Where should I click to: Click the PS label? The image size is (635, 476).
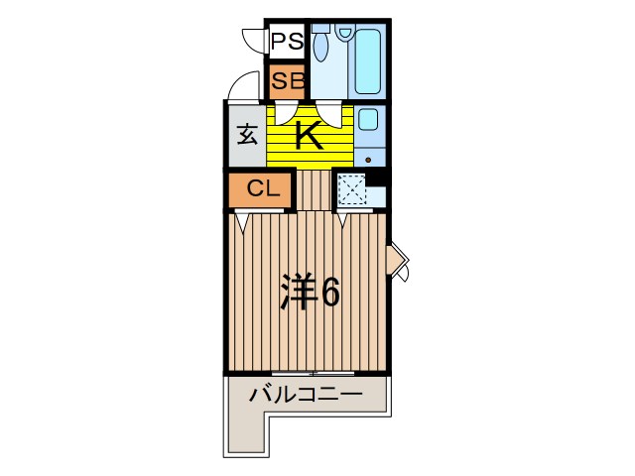click(287, 42)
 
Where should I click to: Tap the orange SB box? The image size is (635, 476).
click(287, 80)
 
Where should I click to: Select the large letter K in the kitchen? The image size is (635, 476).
click(310, 135)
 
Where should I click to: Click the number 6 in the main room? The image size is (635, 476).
click(330, 292)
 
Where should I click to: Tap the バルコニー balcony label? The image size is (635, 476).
click(305, 395)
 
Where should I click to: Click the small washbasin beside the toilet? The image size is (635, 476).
click(344, 33)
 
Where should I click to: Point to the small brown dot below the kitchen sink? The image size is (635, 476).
click(369, 159)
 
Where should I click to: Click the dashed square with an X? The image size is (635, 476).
click(351, 188)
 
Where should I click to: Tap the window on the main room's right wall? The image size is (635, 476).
click(396, 261)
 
